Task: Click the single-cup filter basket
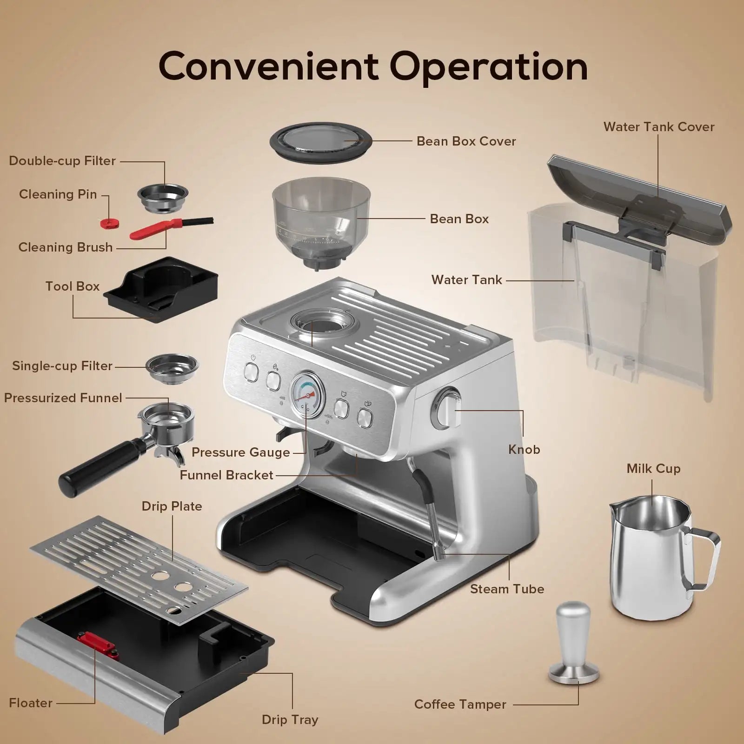172,366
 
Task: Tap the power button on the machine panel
252,372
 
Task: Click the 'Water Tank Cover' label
658,127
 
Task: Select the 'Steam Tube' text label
507,589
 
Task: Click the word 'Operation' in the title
489,66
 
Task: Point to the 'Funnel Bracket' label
226,475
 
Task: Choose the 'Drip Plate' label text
172,506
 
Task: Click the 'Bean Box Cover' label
466,141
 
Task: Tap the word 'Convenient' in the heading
268,66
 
